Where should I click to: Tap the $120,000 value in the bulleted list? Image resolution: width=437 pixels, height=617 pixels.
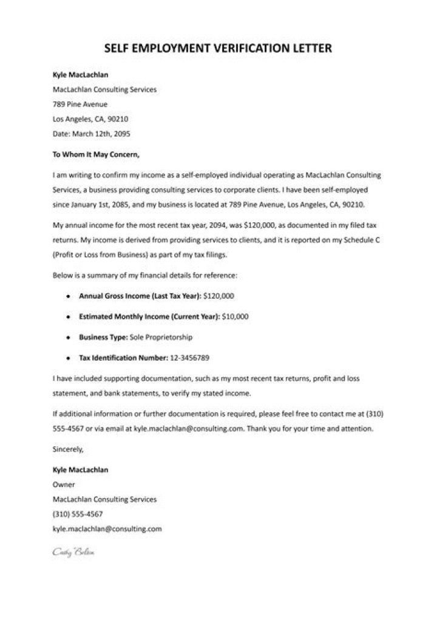pyautogui.click(x=219, y=296)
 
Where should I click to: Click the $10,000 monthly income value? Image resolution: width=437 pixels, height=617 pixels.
pyautogui.click(x=235, y=316)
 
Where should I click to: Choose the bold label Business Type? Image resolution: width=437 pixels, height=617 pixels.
pyautogui.click(x=103, y=336)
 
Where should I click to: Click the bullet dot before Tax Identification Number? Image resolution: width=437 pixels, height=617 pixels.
pyautogui.click(x=67, y=357)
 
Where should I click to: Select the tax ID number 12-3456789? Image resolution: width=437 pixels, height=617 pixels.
pyautogui.click(x=190, y=357)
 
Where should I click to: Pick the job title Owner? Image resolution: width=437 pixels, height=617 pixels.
pyautogui.click(x=64, y=485)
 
